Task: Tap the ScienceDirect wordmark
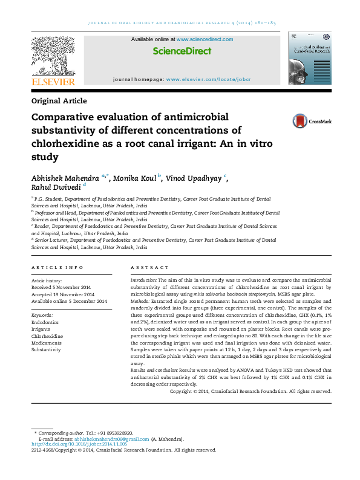tap(182, 52)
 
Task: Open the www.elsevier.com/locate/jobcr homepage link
tap(208, 79)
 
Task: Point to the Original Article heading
tap(59, 101)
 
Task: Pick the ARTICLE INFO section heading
tap(57, 267)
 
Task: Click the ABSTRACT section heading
tap(149, 267)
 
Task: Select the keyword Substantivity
tap(46, 349)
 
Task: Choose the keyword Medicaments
tap(47, 343)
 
